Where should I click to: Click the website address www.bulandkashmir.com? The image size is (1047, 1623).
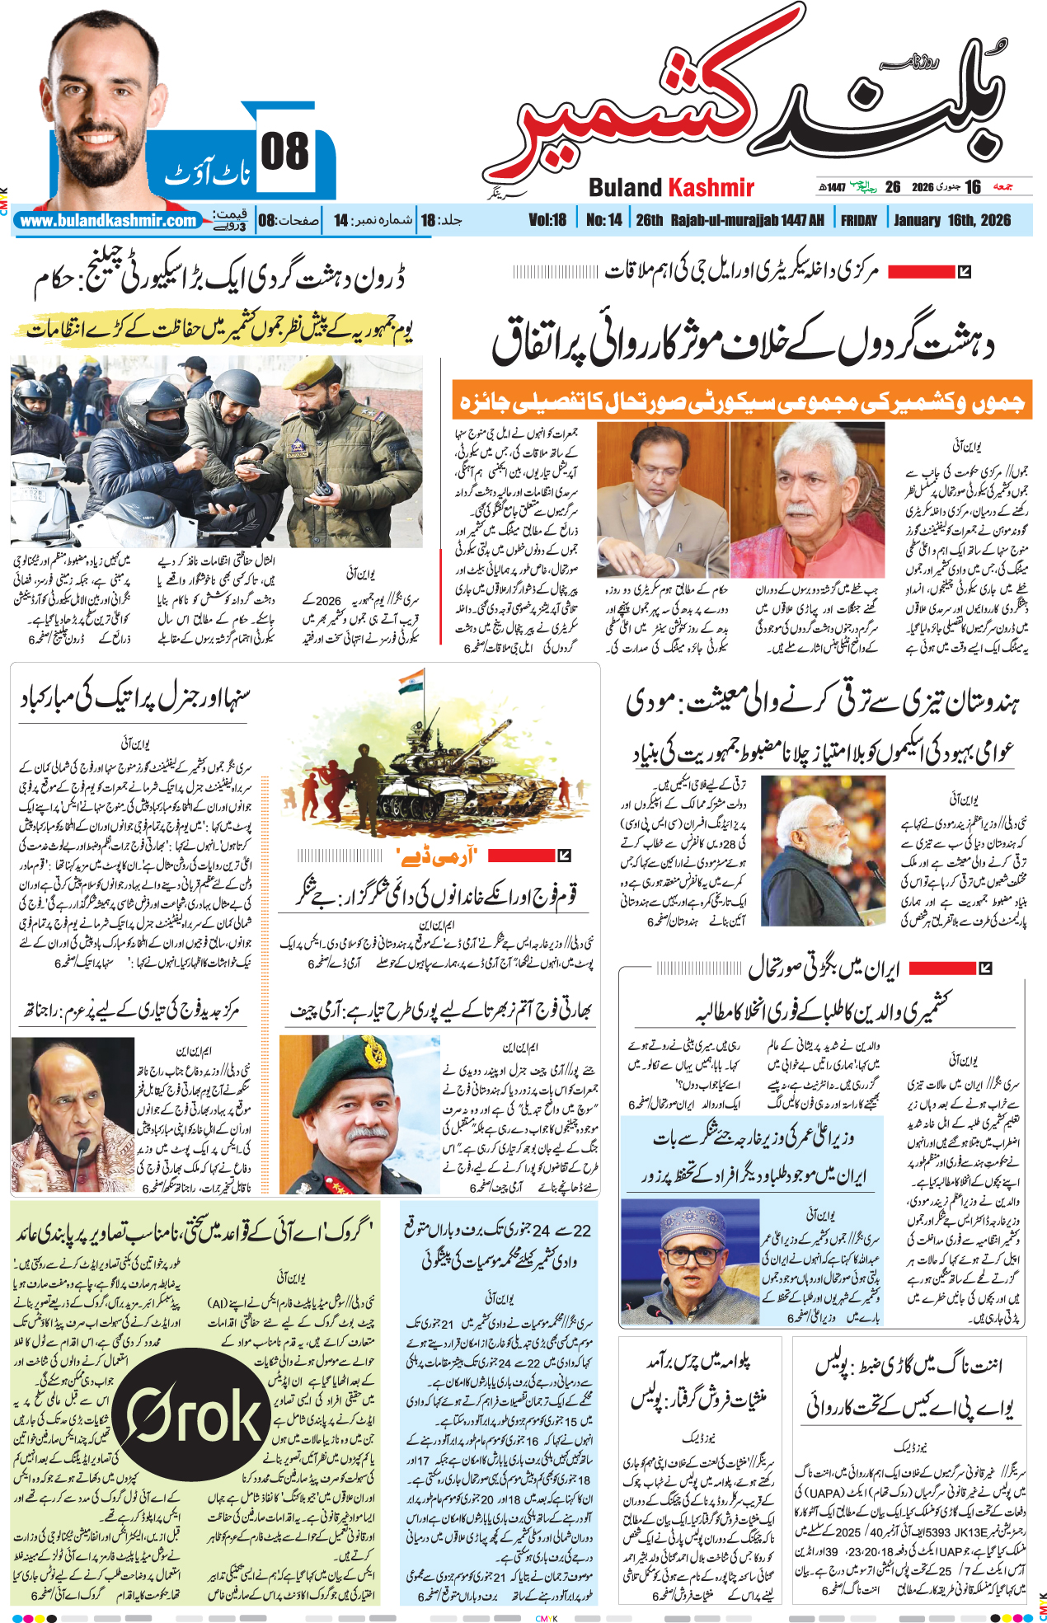tap(108, 221)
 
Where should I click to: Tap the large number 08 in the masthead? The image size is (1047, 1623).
tap(284, 152)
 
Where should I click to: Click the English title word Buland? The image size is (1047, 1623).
tap(625, 188)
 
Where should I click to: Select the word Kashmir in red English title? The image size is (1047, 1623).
tap(711, 188)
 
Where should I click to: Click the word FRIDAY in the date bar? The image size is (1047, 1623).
tap(859, 220)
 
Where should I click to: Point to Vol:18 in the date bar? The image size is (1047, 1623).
tap(547, 220)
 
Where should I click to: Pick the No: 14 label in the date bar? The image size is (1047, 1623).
tap(604, 220)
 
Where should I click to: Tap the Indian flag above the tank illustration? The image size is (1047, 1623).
tap(411, 683)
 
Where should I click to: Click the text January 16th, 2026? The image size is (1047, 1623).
tap(951, 220)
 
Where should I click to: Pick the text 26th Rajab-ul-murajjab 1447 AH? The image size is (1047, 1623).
tap(730, 220)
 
